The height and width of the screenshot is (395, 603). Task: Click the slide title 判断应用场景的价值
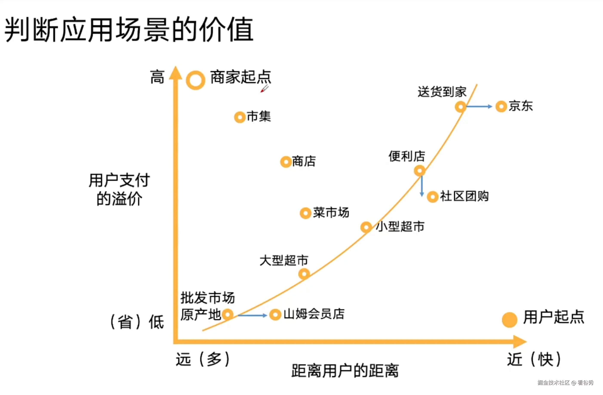click(x=129, y=29)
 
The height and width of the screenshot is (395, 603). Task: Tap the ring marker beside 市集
click(x=239, y=117)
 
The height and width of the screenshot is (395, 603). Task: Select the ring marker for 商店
click(x=286, y=162)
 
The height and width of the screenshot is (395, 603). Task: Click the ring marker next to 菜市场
click(x=305, y=213)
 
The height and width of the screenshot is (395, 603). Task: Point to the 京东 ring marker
click(x=501, y=106)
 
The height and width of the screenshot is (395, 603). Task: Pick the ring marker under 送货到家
click(x=460, y=107)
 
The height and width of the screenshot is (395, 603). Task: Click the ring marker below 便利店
click(x=420, y=171)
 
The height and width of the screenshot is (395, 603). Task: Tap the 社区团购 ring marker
click(x=432, y=197)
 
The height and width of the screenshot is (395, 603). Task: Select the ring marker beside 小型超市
click(x=366, y=227)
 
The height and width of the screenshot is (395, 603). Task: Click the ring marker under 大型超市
click(x=304, y=274)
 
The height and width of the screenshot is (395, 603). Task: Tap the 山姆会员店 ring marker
click(x=275, y=315)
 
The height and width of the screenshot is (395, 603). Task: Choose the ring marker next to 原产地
click(x=228, y=315)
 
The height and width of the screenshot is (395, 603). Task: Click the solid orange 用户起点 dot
click(x=509, y=320)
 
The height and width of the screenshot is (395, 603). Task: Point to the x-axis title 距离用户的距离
click(x=345, y=371)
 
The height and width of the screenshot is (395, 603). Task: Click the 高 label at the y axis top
click(x=157, y=77)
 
